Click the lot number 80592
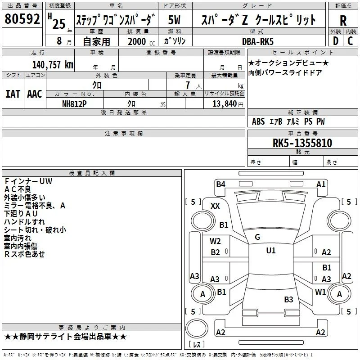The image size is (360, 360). click(22, 18)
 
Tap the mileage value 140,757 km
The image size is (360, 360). click(53, 65)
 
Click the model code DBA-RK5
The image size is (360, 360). click(258, 41)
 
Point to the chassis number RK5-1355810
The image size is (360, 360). click(302, 143)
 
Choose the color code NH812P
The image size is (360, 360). click(74, 104)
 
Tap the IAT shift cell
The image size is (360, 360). click(13, 94)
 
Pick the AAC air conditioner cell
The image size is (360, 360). click(35, 94)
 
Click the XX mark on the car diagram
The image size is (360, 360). click(215, 206)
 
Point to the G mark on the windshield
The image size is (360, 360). click(257, 237)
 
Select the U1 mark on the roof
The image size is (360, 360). click(271, 250)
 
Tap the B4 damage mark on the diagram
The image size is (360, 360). click(220, 184)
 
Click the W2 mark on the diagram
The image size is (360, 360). click(215, 241)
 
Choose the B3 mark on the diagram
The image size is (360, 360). click(288, 299)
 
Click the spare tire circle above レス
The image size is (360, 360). click(197, 328)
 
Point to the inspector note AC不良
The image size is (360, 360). click(18, 189)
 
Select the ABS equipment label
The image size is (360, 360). click(258, 121)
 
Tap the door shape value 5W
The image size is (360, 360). click(174, 20)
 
